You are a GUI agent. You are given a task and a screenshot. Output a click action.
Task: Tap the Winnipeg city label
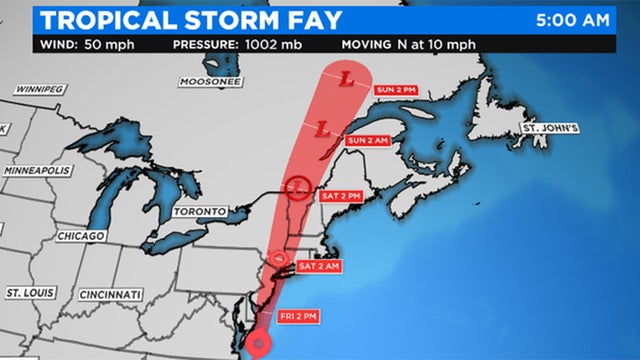tap(41, 89)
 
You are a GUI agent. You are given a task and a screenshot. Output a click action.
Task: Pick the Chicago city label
tap(81, 236)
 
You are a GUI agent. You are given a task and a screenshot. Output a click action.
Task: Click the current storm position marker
tap(260, 345)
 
